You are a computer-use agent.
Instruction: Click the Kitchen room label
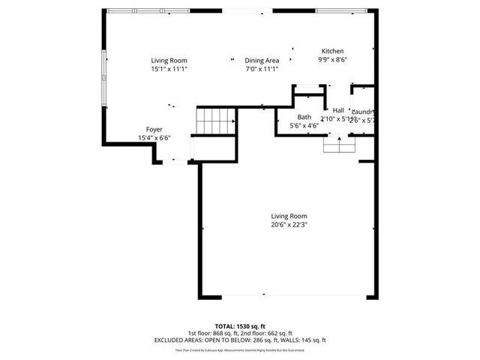334,51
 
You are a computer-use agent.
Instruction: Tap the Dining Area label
262,61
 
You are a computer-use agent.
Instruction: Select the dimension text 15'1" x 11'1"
169,69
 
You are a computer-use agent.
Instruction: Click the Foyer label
154,130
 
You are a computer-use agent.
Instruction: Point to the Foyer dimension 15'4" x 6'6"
154,138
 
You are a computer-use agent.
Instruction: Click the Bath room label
304,117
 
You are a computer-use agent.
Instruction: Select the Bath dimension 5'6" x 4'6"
304,126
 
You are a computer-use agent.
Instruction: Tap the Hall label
338,110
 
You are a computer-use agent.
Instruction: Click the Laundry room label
363,112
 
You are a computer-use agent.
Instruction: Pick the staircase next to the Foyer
214,118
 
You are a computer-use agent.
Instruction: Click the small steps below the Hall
339,144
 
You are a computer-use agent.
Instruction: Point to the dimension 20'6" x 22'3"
289,224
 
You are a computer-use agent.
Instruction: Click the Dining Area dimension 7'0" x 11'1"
262,69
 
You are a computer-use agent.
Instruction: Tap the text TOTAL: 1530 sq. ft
239,326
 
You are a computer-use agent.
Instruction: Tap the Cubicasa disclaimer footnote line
239,349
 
